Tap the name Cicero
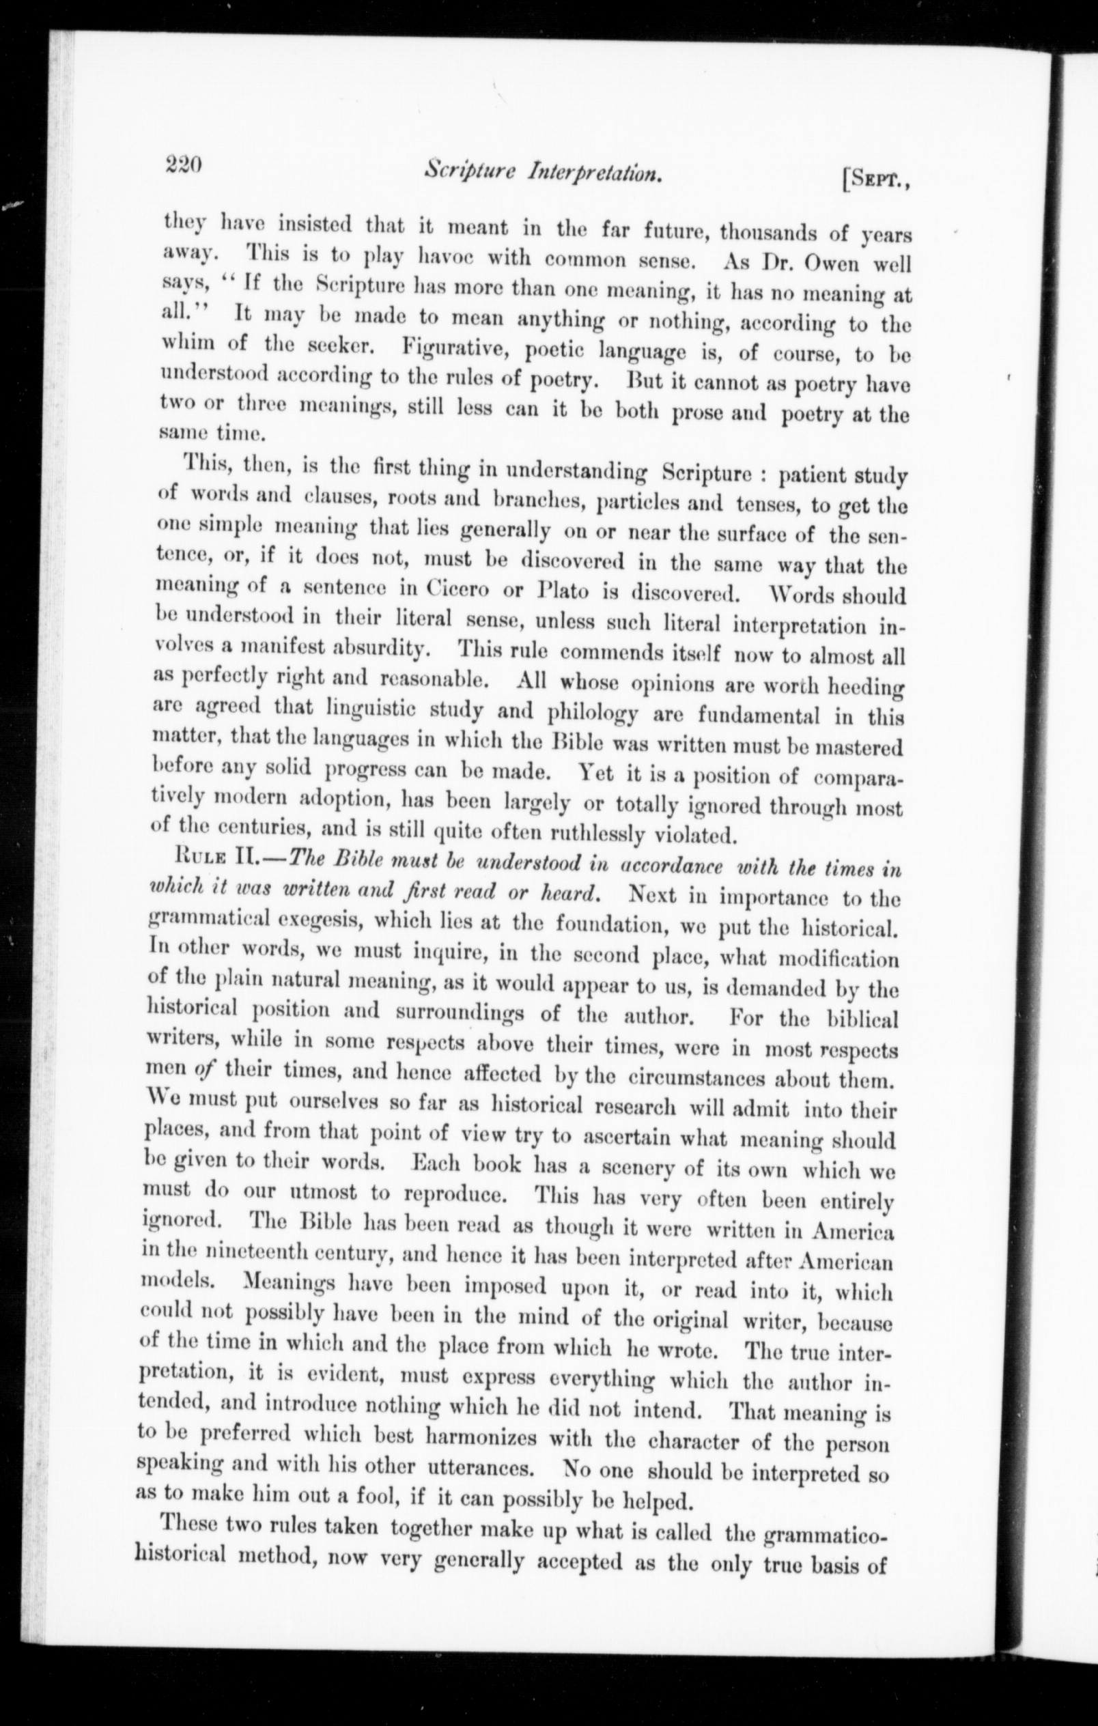tap(449, 589)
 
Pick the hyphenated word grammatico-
tap(825, 1536)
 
